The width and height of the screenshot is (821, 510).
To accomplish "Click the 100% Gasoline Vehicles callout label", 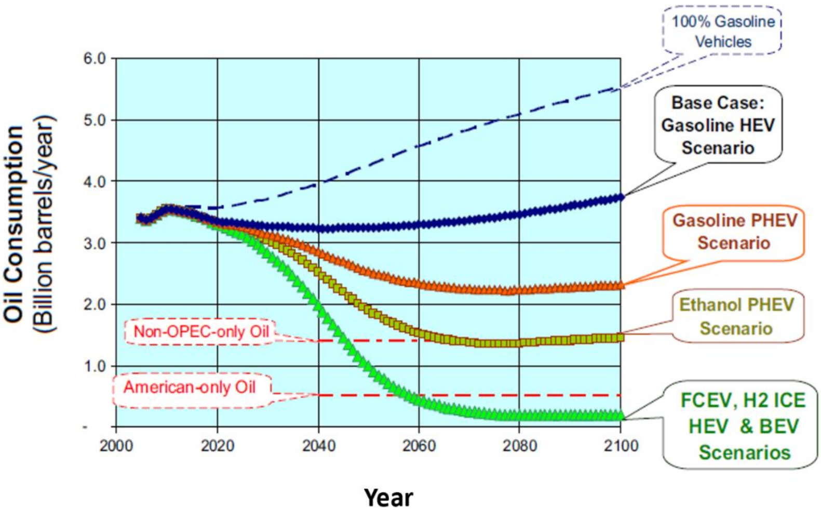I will coord(722,31).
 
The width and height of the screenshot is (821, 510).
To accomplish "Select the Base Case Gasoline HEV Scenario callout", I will coord(718,125).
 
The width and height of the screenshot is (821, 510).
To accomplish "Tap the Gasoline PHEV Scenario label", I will coord(734,232).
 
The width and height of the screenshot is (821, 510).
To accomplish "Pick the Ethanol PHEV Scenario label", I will coord(736,316).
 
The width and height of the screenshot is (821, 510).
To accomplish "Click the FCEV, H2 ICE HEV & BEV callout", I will coord(743,426).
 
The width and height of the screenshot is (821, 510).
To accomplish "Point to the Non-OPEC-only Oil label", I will coord(201,331).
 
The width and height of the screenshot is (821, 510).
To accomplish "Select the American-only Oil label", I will coord(190,387).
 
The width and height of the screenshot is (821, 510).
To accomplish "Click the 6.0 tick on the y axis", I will coord(95,58).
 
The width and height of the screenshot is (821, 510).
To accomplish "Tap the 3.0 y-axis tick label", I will coord(95,243).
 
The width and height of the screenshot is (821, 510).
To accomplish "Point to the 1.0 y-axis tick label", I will coord(95,366).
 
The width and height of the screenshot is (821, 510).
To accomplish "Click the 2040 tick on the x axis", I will coord(318,446).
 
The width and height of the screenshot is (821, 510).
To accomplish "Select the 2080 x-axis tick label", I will coord(520,446).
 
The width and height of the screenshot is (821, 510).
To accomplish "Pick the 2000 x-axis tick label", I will coord(116,446).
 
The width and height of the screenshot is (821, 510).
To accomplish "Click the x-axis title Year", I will coord(388,497).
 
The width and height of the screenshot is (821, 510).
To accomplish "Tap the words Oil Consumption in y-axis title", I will coord(15,223).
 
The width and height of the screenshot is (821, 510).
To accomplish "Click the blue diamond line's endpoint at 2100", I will coord(620,197).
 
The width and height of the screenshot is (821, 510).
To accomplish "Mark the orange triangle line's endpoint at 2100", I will coord(620,285).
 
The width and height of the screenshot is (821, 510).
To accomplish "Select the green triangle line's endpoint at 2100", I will coord(620,415).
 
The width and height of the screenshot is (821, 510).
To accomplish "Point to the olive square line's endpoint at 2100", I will coord(620,338).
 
